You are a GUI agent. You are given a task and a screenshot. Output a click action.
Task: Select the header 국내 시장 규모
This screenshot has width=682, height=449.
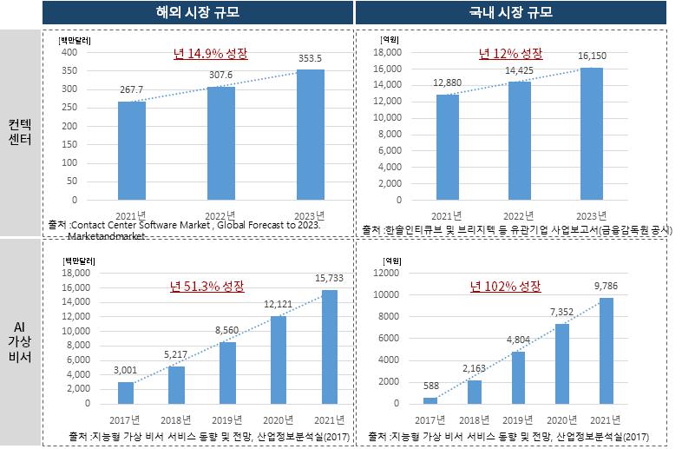click(518, 13)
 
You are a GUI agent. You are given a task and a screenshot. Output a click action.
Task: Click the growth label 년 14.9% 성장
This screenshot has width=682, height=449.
click(211, 54)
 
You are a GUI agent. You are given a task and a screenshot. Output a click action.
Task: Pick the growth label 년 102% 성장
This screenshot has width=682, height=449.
click(504, 286)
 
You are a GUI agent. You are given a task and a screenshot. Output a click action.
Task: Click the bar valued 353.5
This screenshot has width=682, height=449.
click(311, 135)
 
